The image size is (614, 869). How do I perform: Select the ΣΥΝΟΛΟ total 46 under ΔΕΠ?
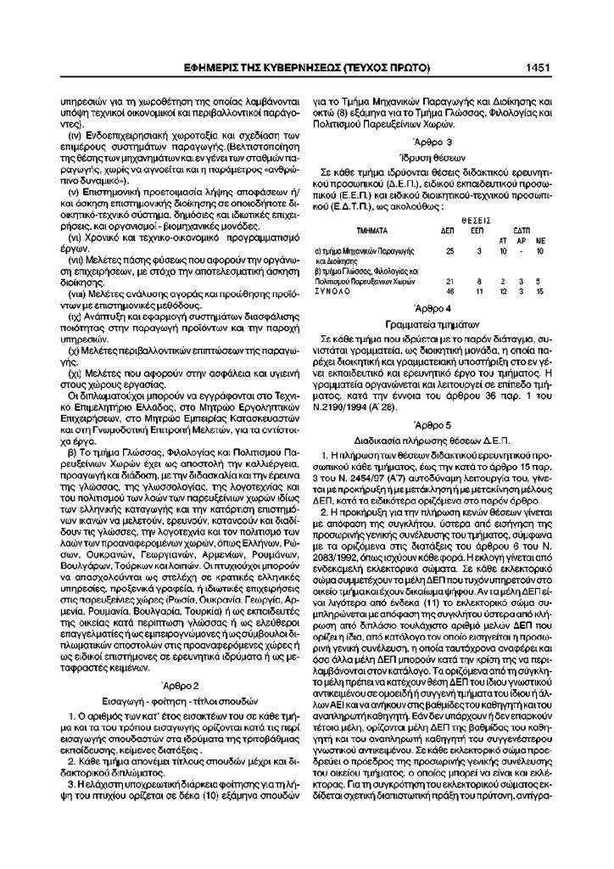click(x=449, y=291)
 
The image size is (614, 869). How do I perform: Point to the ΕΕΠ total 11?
click(x=479, y=291)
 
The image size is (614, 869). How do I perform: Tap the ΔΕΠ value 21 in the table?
click(x=449, y=280)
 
